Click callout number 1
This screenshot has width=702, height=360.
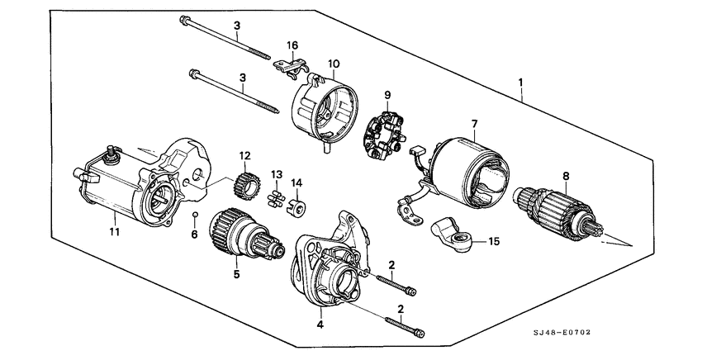521,83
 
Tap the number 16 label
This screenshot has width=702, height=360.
292,45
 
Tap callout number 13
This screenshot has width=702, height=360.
277,174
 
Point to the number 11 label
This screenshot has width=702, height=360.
114,233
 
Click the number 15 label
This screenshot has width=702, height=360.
494,242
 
